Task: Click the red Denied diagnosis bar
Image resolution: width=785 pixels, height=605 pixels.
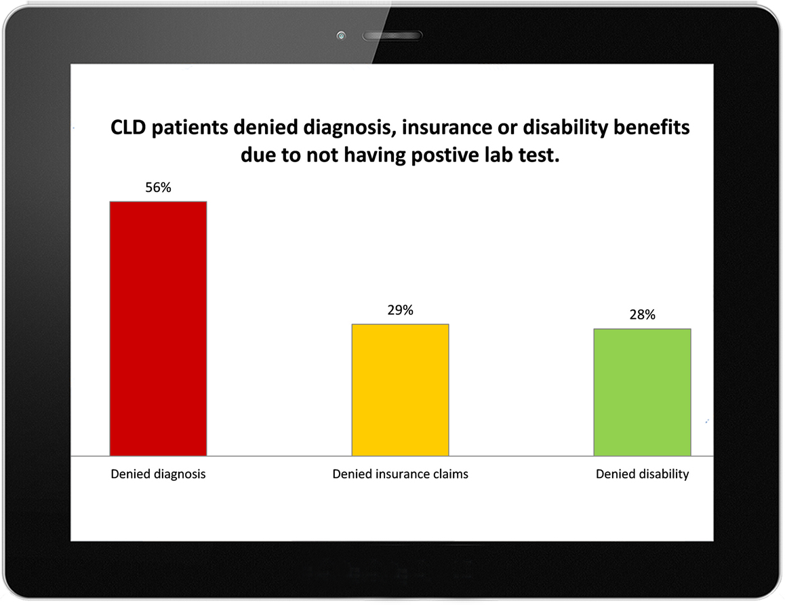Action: pyautogui.click(x=158, y=328)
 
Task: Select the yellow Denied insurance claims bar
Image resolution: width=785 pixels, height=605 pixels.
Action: pyautogui.click(x=400, y=390)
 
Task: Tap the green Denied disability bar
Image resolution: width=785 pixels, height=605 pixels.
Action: pyautogui.click(x=643, y=392)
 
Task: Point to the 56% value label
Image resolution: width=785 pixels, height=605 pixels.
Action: pyautogui.click(x=158, y=187)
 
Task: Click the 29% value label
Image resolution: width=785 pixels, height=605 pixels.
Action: pyautogui.click(x=401, y=310)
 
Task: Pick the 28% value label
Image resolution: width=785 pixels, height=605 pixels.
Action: pyautogui.click(x=643, y=315)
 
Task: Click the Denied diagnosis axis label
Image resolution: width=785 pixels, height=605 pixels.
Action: pyautogui.click(x=158, y=474)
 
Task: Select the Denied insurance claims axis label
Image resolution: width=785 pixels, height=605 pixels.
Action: pyautogui.click(x=401, y=474)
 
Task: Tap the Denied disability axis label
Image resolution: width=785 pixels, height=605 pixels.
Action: pyautogui.click(x=643, y=474)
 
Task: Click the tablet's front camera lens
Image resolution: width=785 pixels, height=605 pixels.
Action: pyautogui.click(x=341, y=35)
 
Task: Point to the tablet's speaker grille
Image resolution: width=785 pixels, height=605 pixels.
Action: pyautogui.click(x=392, y=35)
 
